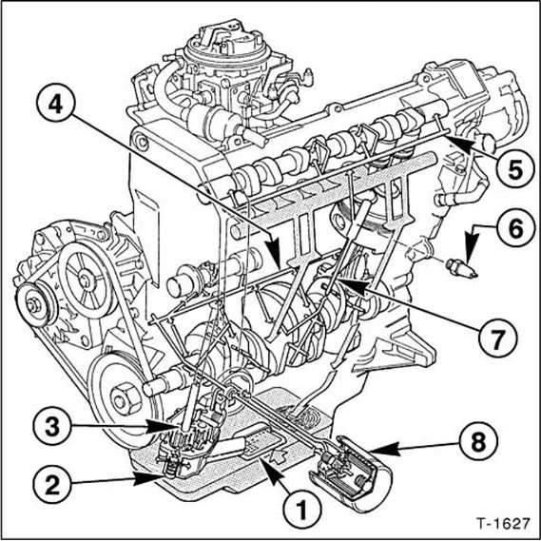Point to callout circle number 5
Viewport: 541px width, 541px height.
(514, 170)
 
